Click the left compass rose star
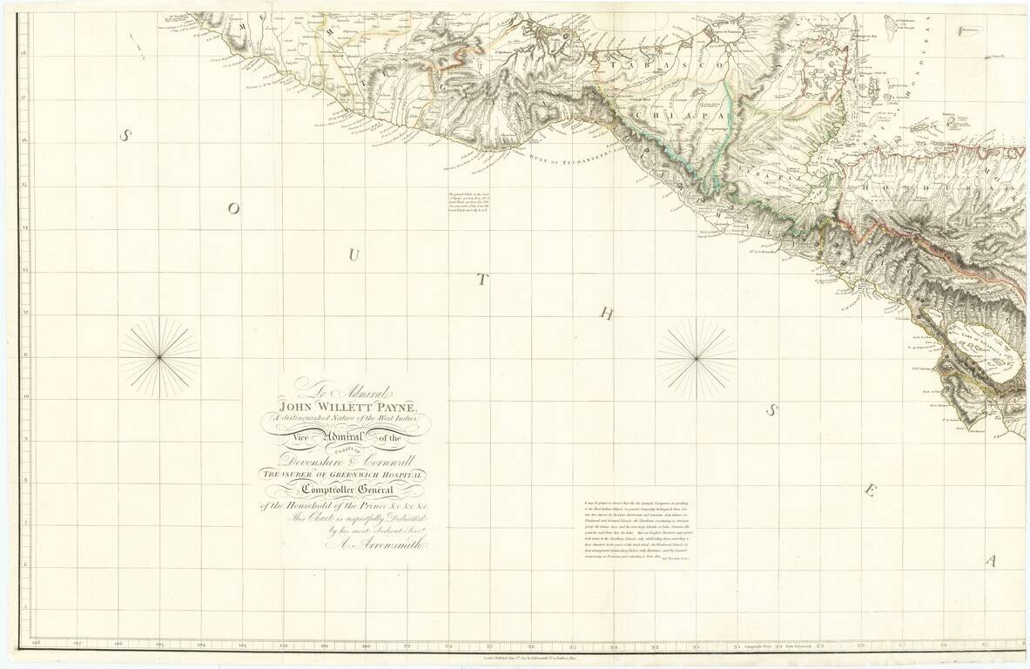[x=159, y=357]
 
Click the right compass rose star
[x=697, y=357]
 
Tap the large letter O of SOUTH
[x=232, y=208]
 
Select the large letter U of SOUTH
[x=353, y=253]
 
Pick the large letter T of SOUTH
[x=481, y=279]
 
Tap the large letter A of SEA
[x=990, y=561]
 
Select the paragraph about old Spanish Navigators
[x=641, y=533]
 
